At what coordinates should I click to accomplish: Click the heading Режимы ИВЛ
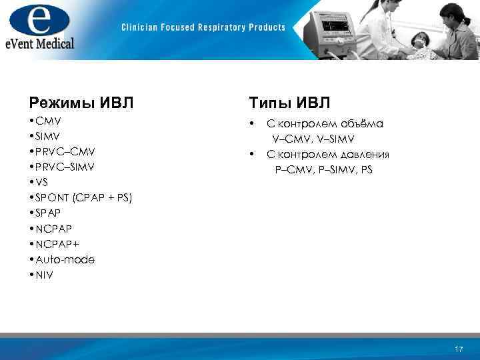81,103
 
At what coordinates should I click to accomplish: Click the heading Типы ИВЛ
290,103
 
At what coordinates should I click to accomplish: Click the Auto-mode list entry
62,259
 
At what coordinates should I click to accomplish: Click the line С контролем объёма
325,124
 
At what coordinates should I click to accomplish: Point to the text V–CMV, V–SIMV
313,139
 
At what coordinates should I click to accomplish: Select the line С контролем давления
328,155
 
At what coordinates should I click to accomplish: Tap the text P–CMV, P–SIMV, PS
324,170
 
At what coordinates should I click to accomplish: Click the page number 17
458,349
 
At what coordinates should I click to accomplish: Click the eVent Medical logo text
40,43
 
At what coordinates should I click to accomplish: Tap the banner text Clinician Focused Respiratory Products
203,27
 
